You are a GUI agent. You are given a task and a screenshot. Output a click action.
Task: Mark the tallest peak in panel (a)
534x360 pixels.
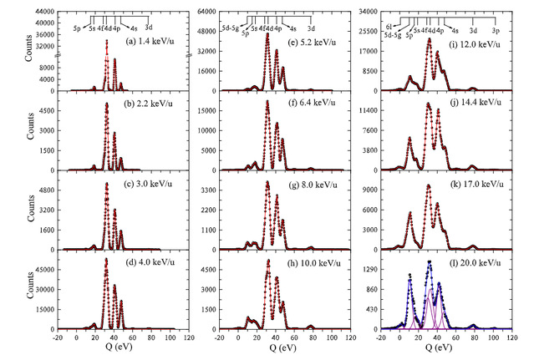[106, 39]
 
